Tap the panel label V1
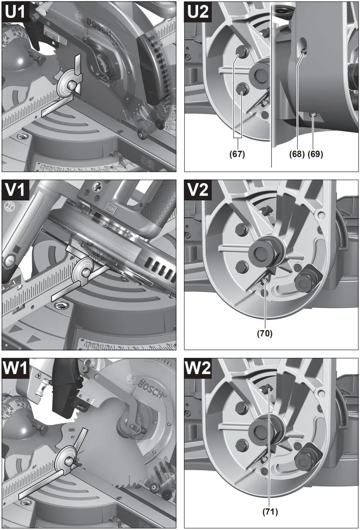[x=16, y=190]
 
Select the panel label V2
[x=198, y=190]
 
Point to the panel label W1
[x=16, y=368]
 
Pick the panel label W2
[x=198, y=368]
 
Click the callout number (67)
[x=237, y=154]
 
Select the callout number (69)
[x=315, y=154]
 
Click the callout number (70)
[x=265, y=333]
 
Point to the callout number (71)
[x=270, y=512]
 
